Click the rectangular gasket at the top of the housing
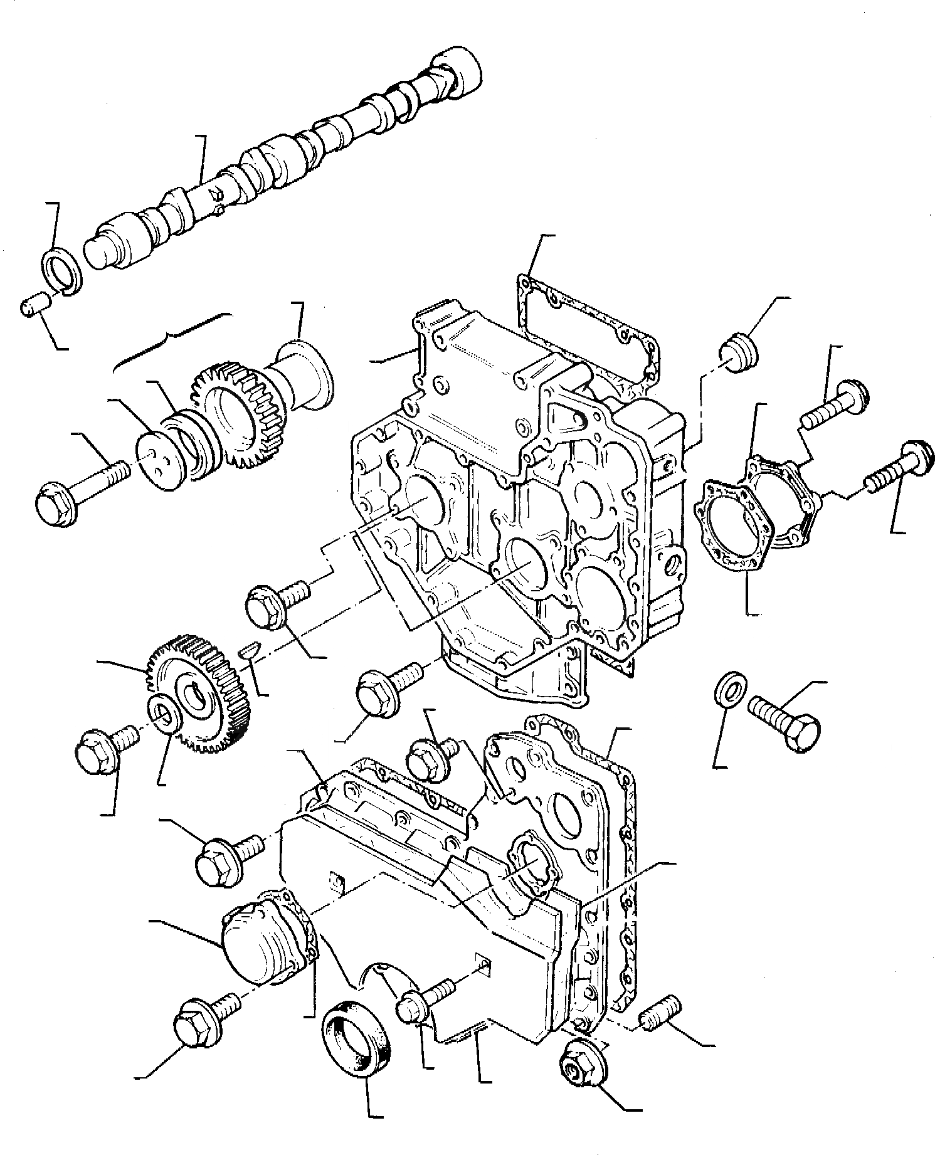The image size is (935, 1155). point(586,326)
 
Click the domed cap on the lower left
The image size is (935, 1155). point(260,934)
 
